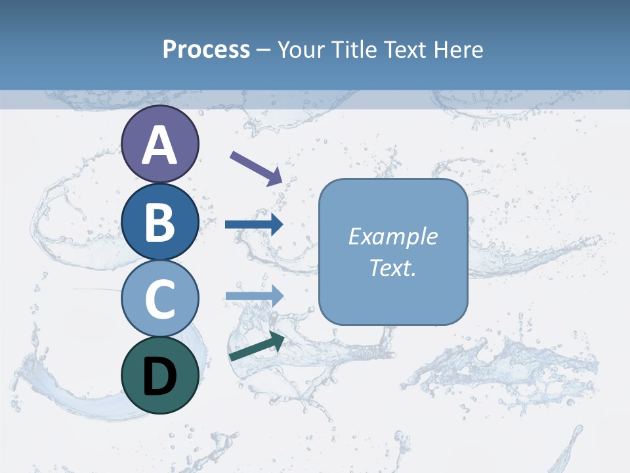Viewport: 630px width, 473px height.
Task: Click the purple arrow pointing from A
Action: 256,167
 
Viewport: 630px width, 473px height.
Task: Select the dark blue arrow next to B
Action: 254,225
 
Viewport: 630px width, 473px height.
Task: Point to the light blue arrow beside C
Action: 254,296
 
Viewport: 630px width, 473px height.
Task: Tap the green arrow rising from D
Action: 257,346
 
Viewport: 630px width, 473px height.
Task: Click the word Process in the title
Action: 206,50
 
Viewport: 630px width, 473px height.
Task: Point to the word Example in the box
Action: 392,236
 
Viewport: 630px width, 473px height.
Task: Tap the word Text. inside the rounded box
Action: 392,267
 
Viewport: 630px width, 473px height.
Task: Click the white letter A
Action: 159,145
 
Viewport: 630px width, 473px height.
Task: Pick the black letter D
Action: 159,376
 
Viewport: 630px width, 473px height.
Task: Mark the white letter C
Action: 159,299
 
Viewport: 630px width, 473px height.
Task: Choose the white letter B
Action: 159,222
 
